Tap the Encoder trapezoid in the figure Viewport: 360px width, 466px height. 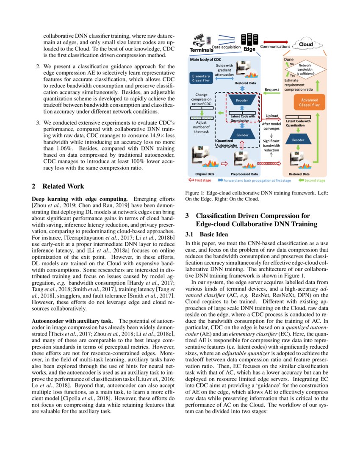[239, 135]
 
